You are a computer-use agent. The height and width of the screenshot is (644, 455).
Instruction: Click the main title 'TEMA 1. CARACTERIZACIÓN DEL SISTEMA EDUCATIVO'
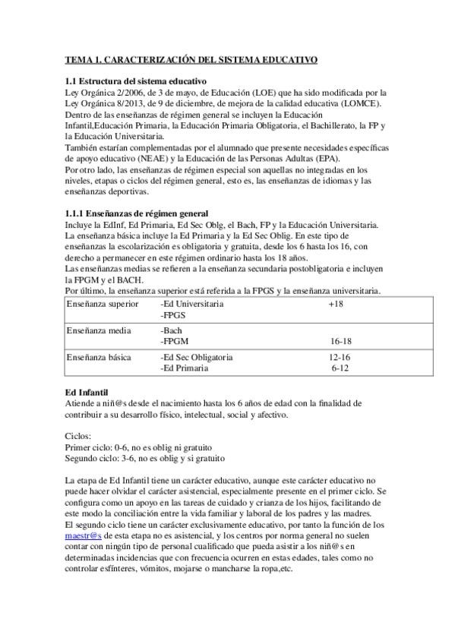tap(191, 59)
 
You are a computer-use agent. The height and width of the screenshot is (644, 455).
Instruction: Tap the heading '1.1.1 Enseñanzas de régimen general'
tap(137, 213)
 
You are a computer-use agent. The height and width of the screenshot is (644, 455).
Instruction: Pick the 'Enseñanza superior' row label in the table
tap(103, 304)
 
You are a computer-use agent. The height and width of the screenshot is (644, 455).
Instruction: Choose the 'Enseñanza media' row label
tap(99, 331)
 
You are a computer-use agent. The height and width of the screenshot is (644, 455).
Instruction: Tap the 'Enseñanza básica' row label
tap(100, 357)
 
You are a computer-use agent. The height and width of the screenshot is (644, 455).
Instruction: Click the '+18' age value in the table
tap(336, 304)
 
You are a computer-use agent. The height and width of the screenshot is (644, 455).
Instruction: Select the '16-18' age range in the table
tap(340, 342)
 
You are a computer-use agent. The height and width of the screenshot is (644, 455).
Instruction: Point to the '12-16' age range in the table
tap(340, 357)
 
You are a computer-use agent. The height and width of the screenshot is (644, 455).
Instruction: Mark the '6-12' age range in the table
tap(340, 368)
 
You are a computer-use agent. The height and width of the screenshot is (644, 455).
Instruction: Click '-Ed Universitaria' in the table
tap(192, 304)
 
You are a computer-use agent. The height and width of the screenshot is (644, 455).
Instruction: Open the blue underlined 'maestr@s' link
tap(84, 536)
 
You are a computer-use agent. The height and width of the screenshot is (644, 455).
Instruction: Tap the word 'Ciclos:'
tap(78, 437)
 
